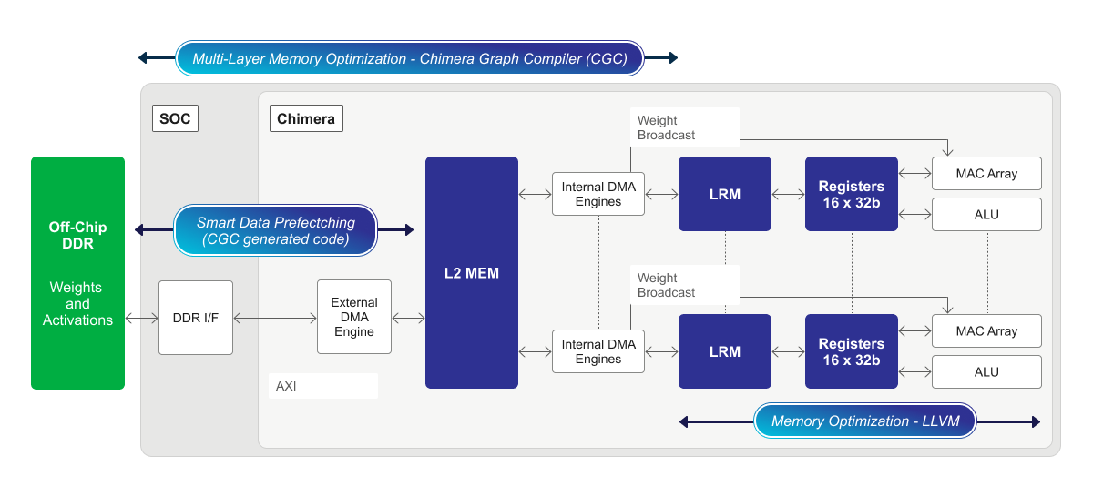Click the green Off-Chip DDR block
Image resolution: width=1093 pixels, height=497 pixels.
coord(77,273)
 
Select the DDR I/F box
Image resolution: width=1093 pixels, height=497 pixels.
coord(196,318)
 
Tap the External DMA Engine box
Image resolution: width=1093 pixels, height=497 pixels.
coord(353,317)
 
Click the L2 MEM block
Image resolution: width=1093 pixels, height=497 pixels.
coord(471,273)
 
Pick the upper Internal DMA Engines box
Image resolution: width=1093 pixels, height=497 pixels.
coord(598,195)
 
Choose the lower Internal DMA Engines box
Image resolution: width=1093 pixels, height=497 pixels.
coord(598,352)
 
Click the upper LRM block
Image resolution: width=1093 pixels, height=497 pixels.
coord(725,194)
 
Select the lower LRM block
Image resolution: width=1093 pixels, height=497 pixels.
coord(725,351)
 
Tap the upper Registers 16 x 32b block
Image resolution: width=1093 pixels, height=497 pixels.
coord(852,194)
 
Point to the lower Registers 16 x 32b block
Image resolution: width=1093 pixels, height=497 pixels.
coord(852,351)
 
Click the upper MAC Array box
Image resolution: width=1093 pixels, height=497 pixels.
coord(986,173)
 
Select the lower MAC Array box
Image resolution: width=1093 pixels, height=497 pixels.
coord(986,330)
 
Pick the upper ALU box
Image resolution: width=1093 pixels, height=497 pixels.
coord(986,215)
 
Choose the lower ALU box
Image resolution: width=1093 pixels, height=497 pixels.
coord(986,372)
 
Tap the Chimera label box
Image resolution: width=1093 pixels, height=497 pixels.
coord(306,118)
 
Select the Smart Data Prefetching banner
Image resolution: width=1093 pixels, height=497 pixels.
coord(275,230)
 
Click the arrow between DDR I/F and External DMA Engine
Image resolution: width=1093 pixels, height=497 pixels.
coord(274,318)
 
